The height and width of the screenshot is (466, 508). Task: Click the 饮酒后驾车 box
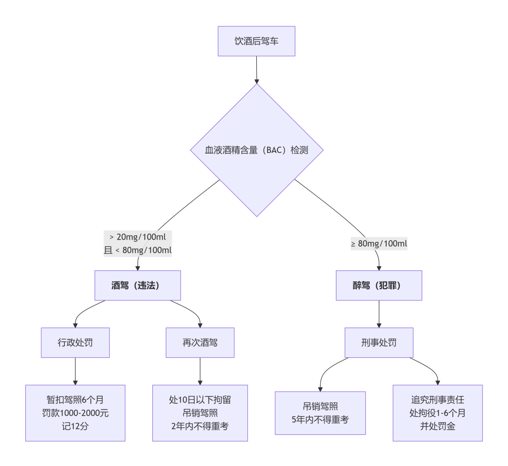pos(256,41)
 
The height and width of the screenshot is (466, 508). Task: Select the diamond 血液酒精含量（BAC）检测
pos(256,150)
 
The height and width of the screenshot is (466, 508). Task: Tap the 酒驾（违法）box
pos(138,285)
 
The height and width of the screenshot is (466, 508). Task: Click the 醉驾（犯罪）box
pos(379,285)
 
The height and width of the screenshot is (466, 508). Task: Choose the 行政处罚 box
pos(75,342)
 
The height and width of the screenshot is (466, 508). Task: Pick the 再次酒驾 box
pos(200,342)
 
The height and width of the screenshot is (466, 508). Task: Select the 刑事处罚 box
pos(379,342)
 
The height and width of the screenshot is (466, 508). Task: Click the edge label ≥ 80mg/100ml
pos(379,244)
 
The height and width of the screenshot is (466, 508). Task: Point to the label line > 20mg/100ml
pos(138,236)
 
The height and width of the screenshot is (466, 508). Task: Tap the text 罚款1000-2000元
pos(75,413)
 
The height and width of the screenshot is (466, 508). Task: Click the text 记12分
pos(75,426)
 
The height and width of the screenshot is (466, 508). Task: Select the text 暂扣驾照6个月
pos(75,400)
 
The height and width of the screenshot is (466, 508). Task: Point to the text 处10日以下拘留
pos(200,400)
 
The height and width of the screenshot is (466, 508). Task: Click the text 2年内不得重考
pos(200,426)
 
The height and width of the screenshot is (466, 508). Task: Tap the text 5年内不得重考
pos(320,419)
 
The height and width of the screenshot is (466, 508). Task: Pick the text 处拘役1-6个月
pos(437,413)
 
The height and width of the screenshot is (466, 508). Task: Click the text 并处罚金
pos(437,426)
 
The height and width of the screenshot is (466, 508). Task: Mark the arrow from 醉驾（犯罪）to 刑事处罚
pos(379,313)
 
